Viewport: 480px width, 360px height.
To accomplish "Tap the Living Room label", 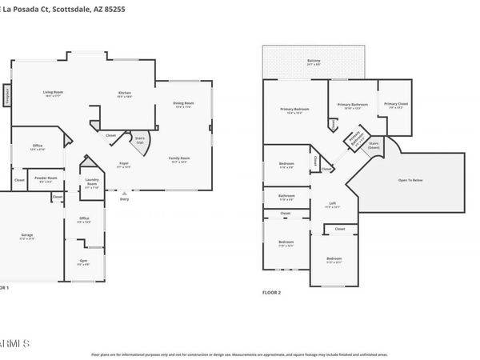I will click(x=53, y=94).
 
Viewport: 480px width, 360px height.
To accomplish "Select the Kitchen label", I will click(x=124, y=94).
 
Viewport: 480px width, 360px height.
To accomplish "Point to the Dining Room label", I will click(x=184, y=104).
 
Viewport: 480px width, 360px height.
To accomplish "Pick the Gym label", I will click(x=83, y=262).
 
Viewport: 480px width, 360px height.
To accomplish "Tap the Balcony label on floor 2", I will click(x=314, y=61).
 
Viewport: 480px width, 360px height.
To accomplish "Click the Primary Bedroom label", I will click(x=295, y=110).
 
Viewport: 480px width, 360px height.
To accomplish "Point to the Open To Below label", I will click(x=413, y=180).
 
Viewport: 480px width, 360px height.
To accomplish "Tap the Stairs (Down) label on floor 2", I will click(x=374, y=146).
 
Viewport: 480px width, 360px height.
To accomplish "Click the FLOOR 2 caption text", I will click(x=272, y=293).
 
